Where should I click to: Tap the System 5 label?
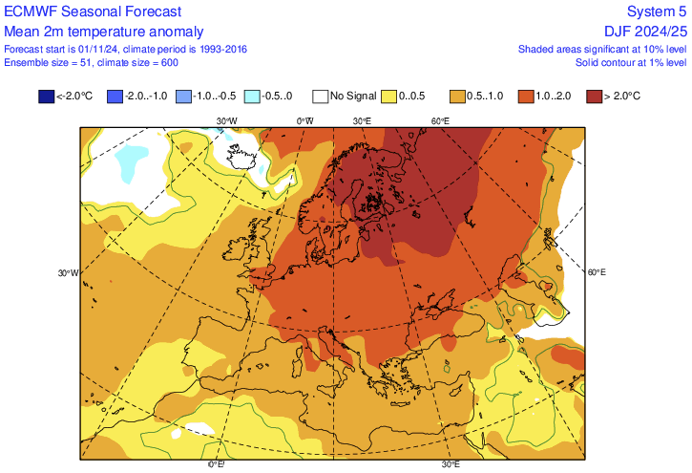pos(656,11)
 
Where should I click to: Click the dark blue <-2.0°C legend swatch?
pos(46,97)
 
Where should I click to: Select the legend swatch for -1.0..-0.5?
pos(184,97)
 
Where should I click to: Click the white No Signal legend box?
pos(322,97)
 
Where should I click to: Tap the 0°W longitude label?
pos(304,121)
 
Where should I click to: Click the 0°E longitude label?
pos(217,465)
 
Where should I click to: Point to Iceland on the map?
pos(239,155)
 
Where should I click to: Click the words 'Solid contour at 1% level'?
pos(630,62)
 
